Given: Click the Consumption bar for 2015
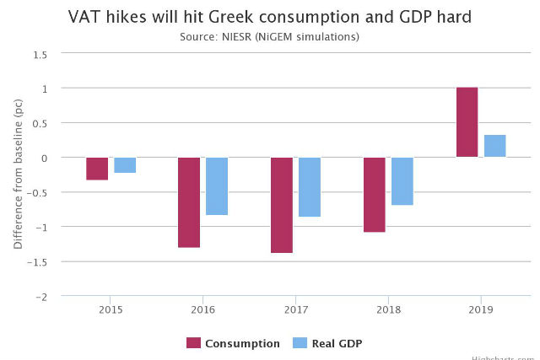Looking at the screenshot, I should tap(97, 169).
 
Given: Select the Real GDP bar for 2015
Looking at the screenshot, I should tap(125, 165).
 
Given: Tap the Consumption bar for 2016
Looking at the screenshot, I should tap(189, 202).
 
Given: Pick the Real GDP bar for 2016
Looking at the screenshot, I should tap(217, 186).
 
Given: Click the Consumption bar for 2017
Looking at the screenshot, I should tap(282, 205).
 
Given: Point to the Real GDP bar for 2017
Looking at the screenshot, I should tap(310, 187).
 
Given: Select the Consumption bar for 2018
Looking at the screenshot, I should tap(375, 195).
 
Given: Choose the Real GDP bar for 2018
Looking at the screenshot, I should tap(402, 181).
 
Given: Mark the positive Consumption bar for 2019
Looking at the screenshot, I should tap(467, 122).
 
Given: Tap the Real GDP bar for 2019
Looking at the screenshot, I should tap(495, 146).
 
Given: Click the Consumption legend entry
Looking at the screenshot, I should tap(234, 343).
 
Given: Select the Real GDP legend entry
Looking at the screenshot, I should tap(327, 343).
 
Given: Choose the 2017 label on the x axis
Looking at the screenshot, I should tap(295, 310).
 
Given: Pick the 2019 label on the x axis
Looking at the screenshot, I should tap(481, 310).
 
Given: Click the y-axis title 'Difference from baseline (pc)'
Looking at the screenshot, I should tap(18, 175).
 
